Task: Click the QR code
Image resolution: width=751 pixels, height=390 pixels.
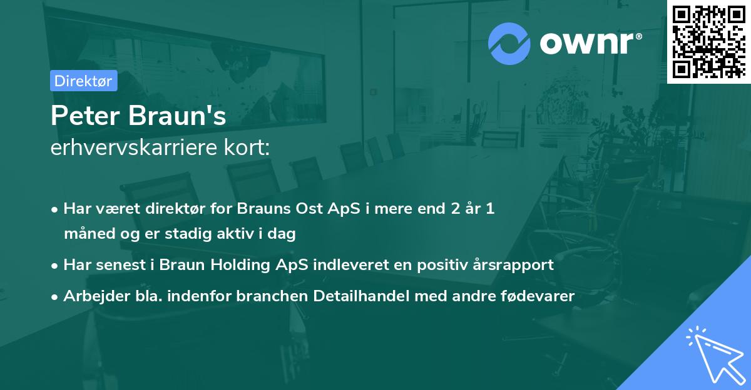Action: tap(708, 41)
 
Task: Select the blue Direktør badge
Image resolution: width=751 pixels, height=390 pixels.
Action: tap(83, 81)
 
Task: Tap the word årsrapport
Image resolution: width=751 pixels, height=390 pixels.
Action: tap(518, 265)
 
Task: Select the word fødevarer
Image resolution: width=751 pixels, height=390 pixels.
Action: tap(539, 296)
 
